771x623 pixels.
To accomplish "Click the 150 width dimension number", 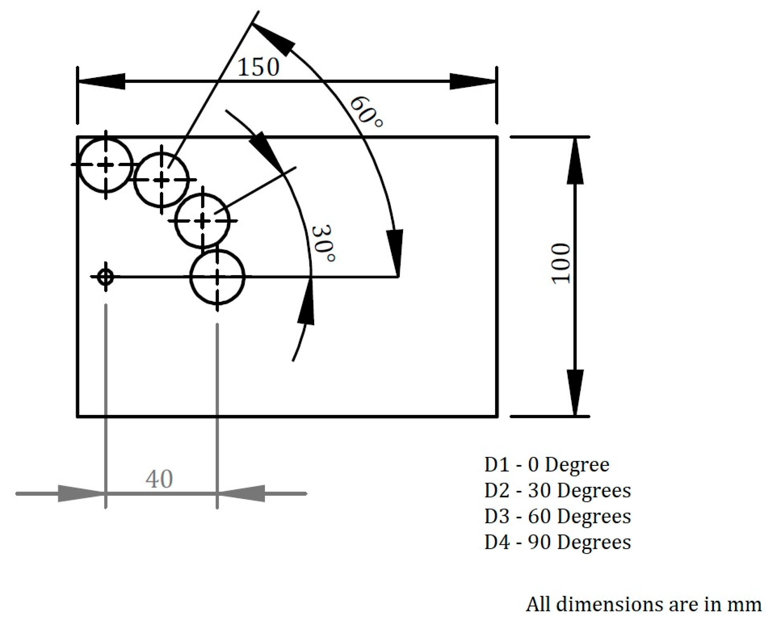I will tap(258, 67).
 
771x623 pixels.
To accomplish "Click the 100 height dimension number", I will tap(561, 263).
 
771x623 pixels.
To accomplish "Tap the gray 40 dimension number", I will tap(159, 479).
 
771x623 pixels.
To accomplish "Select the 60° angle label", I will tap(366, 112).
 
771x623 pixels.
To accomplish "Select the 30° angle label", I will tap(323, 244).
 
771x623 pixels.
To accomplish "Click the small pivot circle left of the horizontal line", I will tap(105, 277).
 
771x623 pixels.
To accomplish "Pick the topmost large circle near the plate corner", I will tap(105, 165).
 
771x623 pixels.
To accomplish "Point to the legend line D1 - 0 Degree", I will tap(546, 465).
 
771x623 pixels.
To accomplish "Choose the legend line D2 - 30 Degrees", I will tap(557, 490).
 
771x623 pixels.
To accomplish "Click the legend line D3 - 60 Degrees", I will tap(557, 516).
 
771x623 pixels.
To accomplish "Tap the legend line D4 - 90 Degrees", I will tap(557, 542).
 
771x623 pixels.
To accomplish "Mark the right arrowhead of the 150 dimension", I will tap(473, 81).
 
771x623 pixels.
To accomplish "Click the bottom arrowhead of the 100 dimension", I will tap(575, 393).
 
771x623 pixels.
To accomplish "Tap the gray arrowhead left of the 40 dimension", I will tap(81, 493).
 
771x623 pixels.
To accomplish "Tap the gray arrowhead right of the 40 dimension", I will tap(241, 493).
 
